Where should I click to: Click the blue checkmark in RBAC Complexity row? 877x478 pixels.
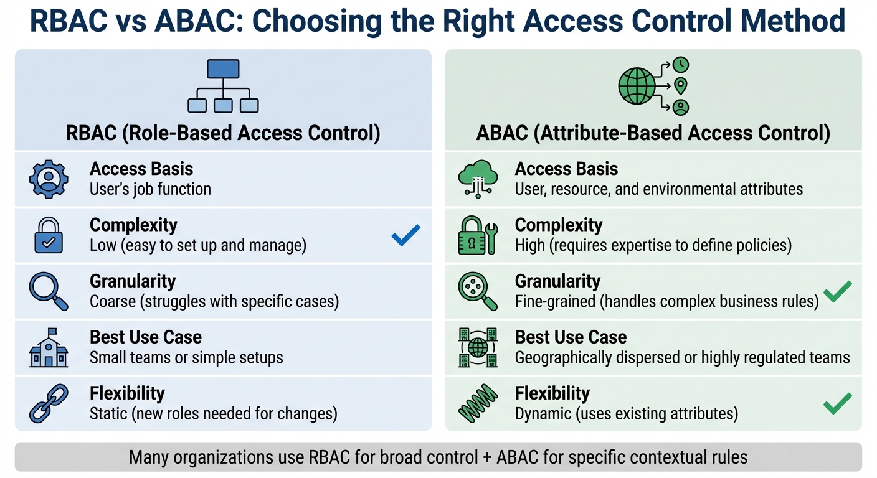405,235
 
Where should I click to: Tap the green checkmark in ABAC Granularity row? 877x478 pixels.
837,291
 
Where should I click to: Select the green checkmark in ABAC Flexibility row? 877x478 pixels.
837,403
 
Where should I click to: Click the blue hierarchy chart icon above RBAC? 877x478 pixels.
223,86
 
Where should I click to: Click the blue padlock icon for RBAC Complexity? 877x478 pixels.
47,235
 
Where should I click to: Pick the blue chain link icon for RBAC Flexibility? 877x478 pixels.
47,403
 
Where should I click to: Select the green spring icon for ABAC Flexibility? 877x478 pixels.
478,403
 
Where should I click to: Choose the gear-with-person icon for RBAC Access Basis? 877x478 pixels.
47,179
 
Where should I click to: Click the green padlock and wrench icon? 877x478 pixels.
478,235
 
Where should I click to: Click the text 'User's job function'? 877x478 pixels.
150,189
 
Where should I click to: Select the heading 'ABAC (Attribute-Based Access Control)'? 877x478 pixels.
653,134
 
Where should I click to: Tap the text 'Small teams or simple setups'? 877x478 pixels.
186,357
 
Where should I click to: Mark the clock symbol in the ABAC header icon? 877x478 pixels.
681,65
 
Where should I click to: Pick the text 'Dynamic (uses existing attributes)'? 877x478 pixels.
626,413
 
